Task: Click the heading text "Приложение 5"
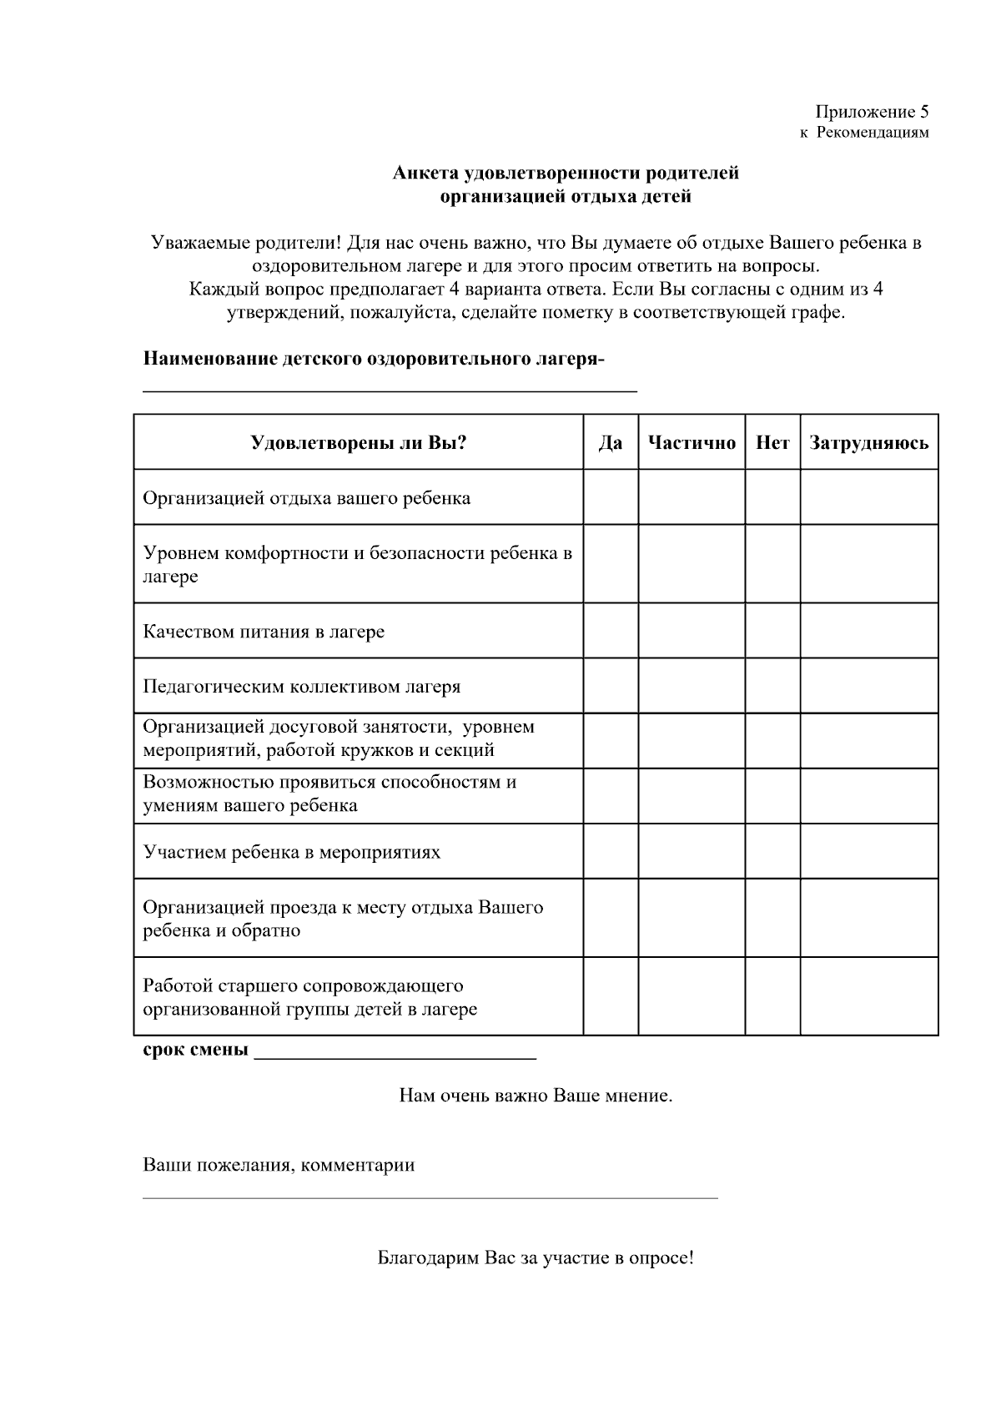click(871, 112)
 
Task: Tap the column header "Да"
click(611, 443)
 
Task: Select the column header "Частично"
click(692, 443)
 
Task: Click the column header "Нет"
click(772, 443)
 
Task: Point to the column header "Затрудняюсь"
click(868, 443)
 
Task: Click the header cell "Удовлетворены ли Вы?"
click(358, 443)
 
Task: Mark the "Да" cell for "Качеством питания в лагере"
click(611, 632)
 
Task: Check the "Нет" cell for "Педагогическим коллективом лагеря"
click(772, 687)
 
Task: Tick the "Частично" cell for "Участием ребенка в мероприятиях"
click(692, 852)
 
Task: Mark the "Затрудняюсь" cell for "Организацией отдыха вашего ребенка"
click(868, 498)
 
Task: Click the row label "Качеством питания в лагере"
click(264, 632)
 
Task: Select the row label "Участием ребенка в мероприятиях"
click(291, 852)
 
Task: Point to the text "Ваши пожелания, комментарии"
click(279, 1165)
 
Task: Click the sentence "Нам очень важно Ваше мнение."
click(536, 1096)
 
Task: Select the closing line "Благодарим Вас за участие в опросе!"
click(536, 1257)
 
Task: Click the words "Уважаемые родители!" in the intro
click(245, 244)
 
